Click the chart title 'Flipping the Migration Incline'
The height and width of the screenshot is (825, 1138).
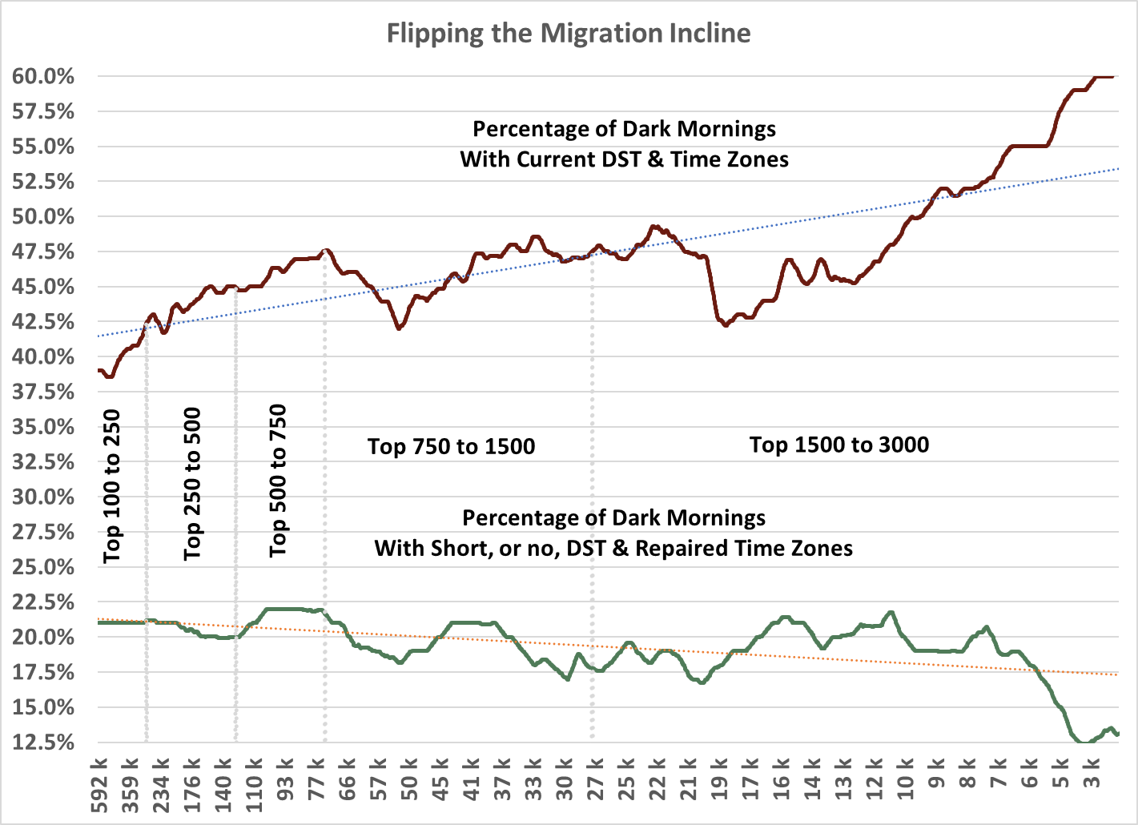pyautogui.click(x=569, y=34)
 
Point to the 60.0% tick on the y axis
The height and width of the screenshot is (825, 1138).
pyautogui.click(x=43, y=77)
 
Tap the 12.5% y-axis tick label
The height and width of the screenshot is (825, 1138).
pyautogui.click(x=43, y=742)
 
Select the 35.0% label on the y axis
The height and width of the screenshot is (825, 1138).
pyautogui.click(x=43, y=427)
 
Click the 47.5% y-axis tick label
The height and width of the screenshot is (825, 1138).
pyautogui.click(x=43, y=252)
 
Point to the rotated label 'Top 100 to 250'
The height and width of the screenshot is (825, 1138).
pyautogui.click(x=111, y=486)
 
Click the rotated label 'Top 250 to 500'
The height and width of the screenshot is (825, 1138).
pyautogui.click(x=192, y=485)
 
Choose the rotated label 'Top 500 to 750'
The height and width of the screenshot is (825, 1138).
pyautogui.click(x=277, y=481)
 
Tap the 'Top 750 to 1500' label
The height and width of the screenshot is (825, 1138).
pyautogui.click(x=451, y=447)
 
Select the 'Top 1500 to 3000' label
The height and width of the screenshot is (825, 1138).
pyautogui.click(x=839, y=445)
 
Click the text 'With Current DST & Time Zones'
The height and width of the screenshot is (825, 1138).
pyautogui.click(x=624, y=159)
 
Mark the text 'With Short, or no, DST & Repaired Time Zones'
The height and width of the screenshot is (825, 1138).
pyautogui.click(x=613, y=549)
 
